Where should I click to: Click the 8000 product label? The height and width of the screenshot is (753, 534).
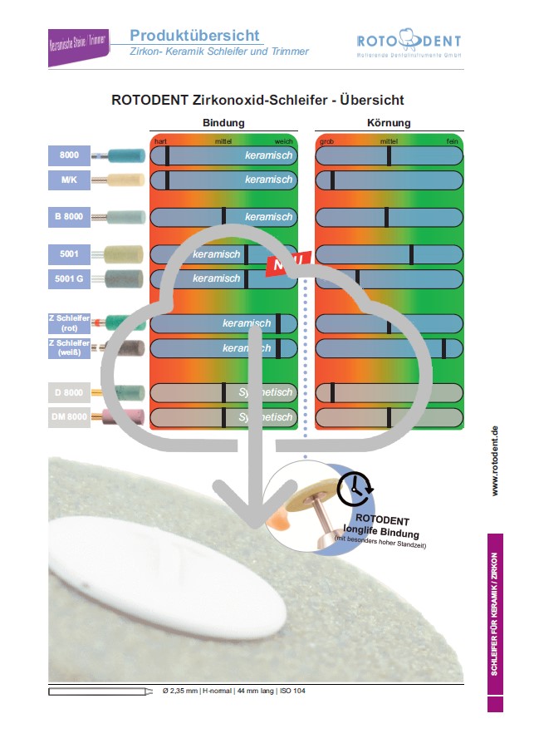[69, 155]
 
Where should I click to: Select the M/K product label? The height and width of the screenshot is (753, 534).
[69, 180]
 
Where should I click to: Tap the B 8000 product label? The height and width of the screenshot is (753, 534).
[69, 217]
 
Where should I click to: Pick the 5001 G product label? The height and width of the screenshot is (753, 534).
[69, 279]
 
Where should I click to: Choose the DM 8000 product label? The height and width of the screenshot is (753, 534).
[69, 416]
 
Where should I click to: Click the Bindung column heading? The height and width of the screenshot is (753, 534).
[223, 123]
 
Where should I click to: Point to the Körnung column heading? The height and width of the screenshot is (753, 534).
[389, 123]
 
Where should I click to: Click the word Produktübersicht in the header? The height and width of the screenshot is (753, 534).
[194, 36]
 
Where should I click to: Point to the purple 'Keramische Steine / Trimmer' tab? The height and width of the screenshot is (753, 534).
[78, 47]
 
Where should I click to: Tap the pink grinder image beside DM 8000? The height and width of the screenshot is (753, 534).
[122, 416]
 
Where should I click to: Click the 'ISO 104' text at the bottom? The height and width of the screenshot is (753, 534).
[293, 691]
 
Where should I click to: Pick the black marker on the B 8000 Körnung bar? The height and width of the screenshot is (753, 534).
[386, 217]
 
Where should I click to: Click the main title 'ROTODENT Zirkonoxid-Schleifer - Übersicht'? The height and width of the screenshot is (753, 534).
[257, 100]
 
